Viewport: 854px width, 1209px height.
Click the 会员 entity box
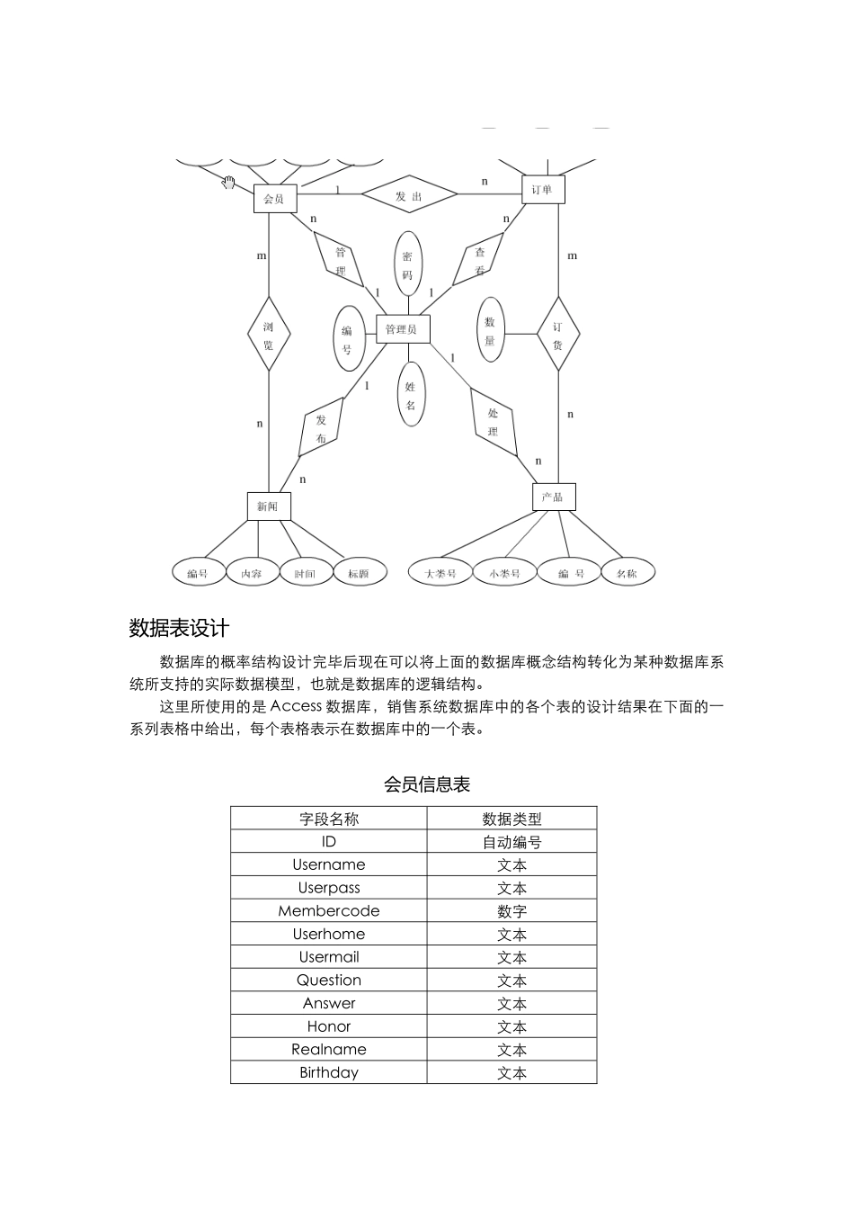click(x=274, y=199)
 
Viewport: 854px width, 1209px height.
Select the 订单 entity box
click(x=543, y=189)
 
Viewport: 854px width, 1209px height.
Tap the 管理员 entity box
click(x=401, y=329)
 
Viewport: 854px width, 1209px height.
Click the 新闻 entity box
click(x=268, y=506)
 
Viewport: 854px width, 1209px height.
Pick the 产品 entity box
click(x=553, y=497)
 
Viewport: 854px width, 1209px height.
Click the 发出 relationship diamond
click(x=409, y=194)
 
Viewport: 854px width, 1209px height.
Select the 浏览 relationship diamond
click(x=269, y=334)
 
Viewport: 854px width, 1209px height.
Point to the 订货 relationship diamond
click(x=558, y=334)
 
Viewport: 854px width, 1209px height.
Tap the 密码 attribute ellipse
click(x=407, y=264)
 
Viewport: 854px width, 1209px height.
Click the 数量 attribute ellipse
click(x=490, y=330)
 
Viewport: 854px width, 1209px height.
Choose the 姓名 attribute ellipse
click(x=410, y=395)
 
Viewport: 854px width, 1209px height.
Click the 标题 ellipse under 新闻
click(x=359, y=572)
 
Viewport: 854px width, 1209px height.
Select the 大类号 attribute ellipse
click(x=440, y=572)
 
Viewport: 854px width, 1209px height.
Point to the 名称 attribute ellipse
click(x=627, y=572)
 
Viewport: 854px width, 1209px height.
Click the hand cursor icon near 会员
click(x=228, y=183)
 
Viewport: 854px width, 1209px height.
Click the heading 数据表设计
click(x=179, y=628)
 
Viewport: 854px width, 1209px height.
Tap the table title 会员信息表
click(x=427, y=784)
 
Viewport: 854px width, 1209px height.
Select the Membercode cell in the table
click(x=328, y=910)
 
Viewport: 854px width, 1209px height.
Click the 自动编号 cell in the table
click(x=512, y=842)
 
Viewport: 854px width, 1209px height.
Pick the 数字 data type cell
click(x=512, y=911)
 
